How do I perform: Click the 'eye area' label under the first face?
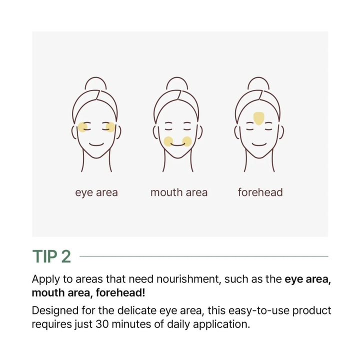point(96,192)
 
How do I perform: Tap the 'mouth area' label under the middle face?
point(179,192)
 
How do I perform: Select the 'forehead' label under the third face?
point(260,192)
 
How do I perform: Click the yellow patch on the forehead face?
point(259,118)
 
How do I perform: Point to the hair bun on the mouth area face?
point(177,84)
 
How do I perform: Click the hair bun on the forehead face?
point(259,84)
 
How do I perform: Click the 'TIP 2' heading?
point(51,256)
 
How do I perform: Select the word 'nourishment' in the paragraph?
point(190,279)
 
